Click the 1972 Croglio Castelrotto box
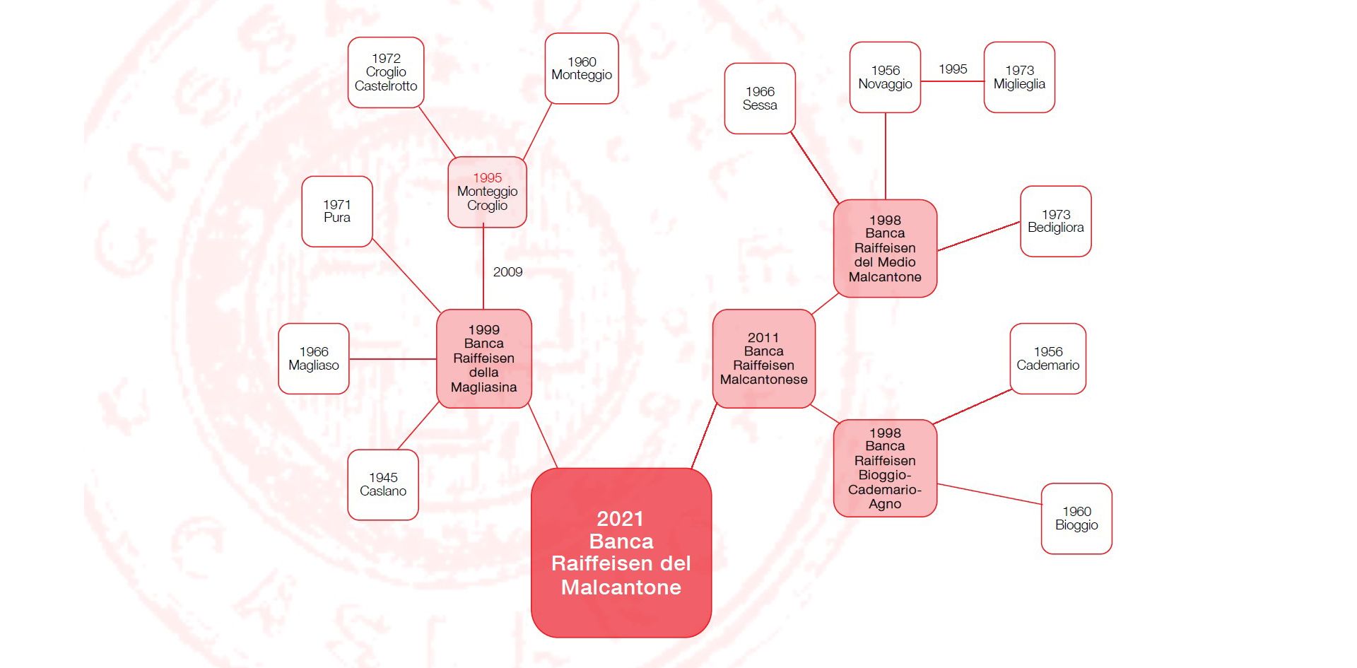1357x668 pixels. pyautogui.click(x=386, y=72)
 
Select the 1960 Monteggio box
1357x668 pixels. pyautogui.click(x=582, y=69)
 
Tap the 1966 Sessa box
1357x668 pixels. pyautogui.click(x=760, y=98)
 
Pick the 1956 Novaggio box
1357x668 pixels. pyautogui.click(x=885, y=77)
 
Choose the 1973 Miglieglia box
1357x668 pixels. pyautogui.click(x=1019, y=77)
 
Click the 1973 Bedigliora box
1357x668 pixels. pyautogui.click(x=1055, y=221)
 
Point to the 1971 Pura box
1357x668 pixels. pyautogui.click(x=337, y=211)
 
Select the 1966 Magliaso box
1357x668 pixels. pyautogui.click(x=314, y=358)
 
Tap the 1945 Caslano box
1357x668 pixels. pyautogui.click(x=383, y=485)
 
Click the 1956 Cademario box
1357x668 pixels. pyautogui.click(x=1047, y=358)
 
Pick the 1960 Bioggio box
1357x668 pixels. pyautogui.click(x=1076, y=518)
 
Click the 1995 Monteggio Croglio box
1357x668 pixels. pyautogui.click(x=487, y=192)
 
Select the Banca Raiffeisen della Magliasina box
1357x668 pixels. pyautogui.click(x=484, y=358)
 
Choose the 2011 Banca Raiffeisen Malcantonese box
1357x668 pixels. pyautogui.click(x=763, y=358)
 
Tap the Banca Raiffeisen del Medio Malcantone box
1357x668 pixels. pyautogui.click(x=885, y=248)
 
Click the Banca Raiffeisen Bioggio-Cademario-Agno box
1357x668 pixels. pyautogui.click(x=885, y=468)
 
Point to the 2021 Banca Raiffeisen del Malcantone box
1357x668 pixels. pyautogui.click(x=621, y=553)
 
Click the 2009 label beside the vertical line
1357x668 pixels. pyautogui.click(x=507, y=272)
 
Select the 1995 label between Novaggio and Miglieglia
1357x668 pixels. pyautogui.click(x=953, y=69)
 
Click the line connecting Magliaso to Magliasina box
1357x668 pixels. pyautogui.click(x=393, y=359)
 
